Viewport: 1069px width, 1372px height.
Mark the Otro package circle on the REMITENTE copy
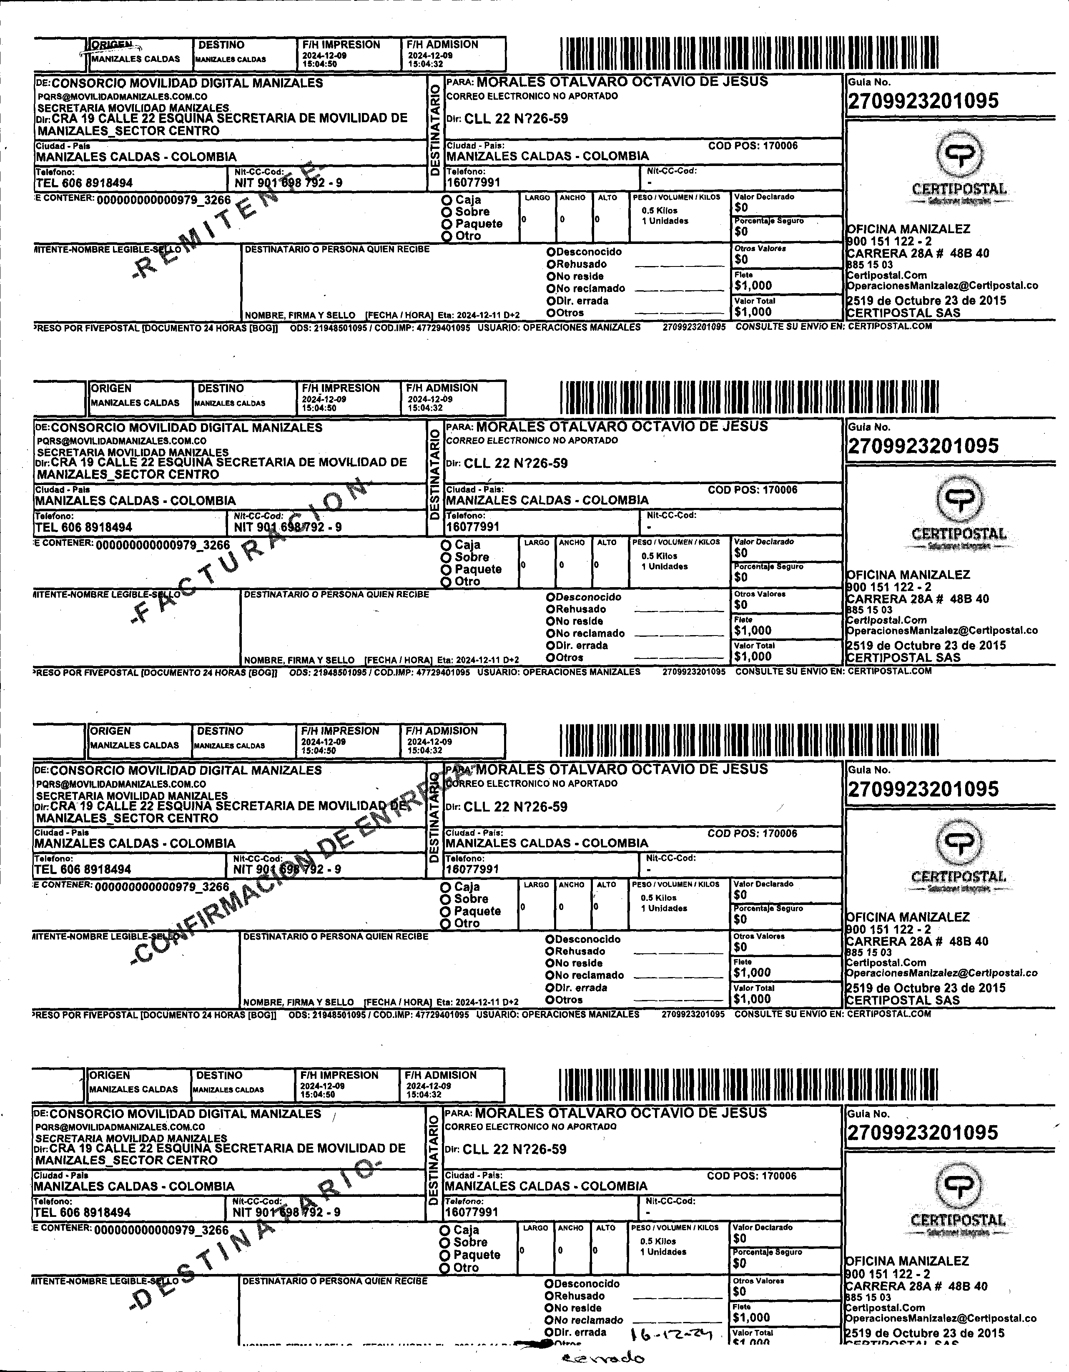[447, 236]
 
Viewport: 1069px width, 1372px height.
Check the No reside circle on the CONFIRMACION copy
[550, 963]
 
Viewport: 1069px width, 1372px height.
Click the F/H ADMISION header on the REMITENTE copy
[442, 45]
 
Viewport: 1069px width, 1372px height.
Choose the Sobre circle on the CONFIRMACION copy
[445, 899]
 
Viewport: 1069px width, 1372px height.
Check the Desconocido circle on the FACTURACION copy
[550, 597]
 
